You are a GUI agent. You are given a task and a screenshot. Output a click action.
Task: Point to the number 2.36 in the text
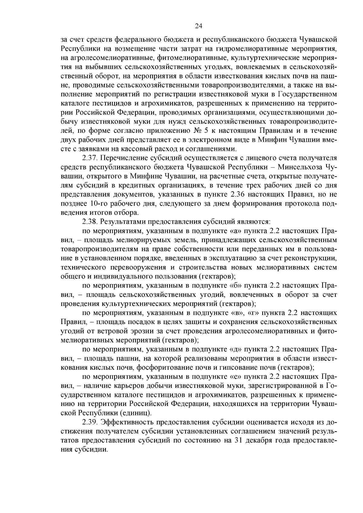pyautogui.click(x=238, y=194)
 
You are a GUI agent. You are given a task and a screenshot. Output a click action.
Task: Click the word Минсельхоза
pyautogui.click(x=301, y=167)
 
